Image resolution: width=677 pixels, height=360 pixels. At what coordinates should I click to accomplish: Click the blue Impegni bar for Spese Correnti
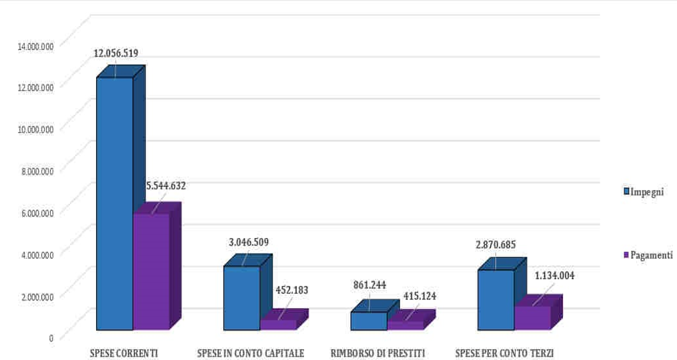(x=115, y=203)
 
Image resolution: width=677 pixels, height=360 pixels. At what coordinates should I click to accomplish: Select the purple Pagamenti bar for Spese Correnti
(x=151, y=271)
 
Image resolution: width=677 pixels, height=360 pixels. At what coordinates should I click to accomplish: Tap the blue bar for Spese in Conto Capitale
(x=241, y=298)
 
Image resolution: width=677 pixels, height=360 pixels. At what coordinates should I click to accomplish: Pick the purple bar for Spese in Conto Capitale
(x=278, y=325)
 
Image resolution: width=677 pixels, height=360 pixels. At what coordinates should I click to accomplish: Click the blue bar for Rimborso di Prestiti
(x=369, y=321)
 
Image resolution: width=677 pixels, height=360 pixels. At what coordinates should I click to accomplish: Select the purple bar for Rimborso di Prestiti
(x=406, y=325)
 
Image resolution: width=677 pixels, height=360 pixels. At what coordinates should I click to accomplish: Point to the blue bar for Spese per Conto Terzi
(x=496, y=299)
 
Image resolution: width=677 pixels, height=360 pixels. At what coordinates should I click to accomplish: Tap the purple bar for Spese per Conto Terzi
(x=532, y=317)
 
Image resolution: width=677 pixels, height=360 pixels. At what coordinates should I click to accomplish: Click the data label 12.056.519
(x=115, y=53)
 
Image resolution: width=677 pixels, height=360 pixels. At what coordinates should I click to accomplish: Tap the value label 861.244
(x=370, y=285)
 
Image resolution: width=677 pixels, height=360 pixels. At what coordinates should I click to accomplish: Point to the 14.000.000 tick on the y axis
(x=37, y=46)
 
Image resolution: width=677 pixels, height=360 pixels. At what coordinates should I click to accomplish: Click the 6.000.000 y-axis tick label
(x=38, y=213)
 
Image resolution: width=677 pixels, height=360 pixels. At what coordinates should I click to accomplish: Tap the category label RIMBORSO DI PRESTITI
(x=378, y=353)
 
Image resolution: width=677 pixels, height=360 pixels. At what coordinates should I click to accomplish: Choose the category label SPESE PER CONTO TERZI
(x=504, y=353)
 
